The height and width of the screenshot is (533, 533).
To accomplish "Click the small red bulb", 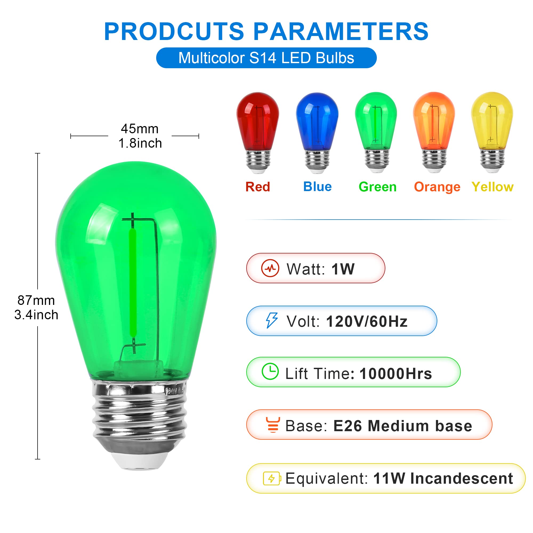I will [258, 130].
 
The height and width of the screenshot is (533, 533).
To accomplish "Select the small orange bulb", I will [434, 130].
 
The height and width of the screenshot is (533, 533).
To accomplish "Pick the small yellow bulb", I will [492, 130].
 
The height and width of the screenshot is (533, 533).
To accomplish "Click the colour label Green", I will [377, 187].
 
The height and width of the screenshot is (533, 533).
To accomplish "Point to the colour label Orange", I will [437, 187].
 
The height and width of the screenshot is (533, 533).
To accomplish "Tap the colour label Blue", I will [317, 187].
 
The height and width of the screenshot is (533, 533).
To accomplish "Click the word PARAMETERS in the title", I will [341, 32].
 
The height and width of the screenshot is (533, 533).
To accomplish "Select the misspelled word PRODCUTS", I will [174, 32].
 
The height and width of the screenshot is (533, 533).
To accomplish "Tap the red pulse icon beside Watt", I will [270, 268].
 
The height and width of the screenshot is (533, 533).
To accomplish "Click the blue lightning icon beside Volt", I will [272, 320].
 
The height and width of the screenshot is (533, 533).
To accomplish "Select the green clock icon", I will [270, 371].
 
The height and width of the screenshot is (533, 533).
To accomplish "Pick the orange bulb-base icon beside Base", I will [273, 425].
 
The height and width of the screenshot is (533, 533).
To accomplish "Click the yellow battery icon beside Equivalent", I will [272, 478].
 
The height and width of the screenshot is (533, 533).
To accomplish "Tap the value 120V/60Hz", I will [367, 321].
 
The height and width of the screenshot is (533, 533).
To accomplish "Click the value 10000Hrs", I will [395, 374].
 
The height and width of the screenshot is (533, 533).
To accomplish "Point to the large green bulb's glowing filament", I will [133, 281].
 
